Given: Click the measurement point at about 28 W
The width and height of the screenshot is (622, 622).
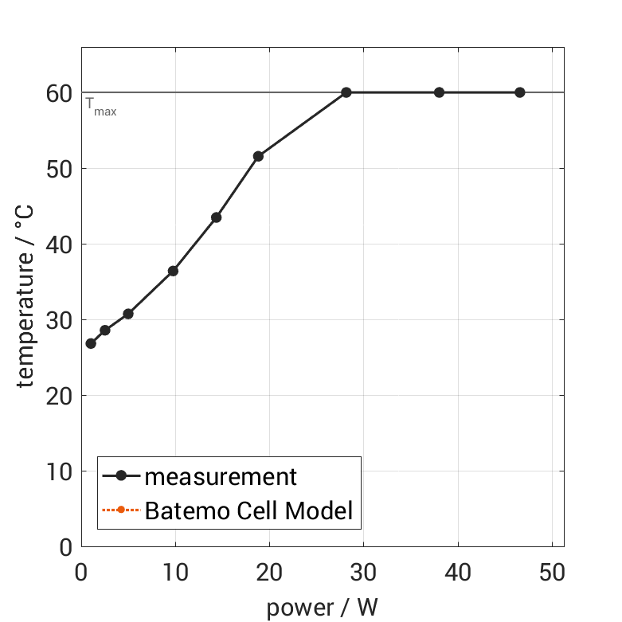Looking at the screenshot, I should pyautogui.click(x=346, y=92).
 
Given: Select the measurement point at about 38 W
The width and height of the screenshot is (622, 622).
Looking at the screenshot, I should pyautogui.click(x=439, y=92).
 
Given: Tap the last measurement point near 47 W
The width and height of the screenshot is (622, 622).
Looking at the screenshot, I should pyautogui.click(x=519, y=92).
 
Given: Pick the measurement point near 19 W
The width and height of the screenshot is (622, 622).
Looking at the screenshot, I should pyautogui.click(x=258, y=156).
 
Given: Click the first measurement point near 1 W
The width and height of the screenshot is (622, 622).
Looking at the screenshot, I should pyautogui.click(x=91, y=343).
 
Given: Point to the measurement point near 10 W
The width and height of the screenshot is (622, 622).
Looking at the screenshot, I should pyautogui.click(x=173, y=271).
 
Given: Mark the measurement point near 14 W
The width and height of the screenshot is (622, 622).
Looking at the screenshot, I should pyautogui.click(x=216, y=217).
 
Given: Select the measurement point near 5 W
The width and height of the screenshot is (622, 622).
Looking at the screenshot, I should pyautogui.click(x=128, y=314).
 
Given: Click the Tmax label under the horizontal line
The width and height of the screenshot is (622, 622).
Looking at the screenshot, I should pyautogui.click(x=101, y=107).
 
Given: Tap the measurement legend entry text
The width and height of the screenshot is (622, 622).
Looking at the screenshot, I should pyautogui.click(x=221, y=477).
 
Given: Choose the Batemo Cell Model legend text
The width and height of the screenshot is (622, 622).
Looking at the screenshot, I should pyautogui.click(x=248, y=510).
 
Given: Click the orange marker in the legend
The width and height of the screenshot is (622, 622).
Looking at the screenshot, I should pyautogui.click(x=121, y=510).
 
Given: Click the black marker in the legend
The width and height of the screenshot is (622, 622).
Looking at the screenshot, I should pyautogui.click(x=121, y=476).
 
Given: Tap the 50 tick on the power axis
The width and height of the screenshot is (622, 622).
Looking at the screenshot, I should pyautogui.click(x=552, y=573).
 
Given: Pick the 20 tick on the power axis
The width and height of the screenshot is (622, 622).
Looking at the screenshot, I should pyautogui.click(x=269, y=573).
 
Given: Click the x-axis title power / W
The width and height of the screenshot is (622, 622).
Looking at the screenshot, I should pyautogui.click(x=322, y=608).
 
